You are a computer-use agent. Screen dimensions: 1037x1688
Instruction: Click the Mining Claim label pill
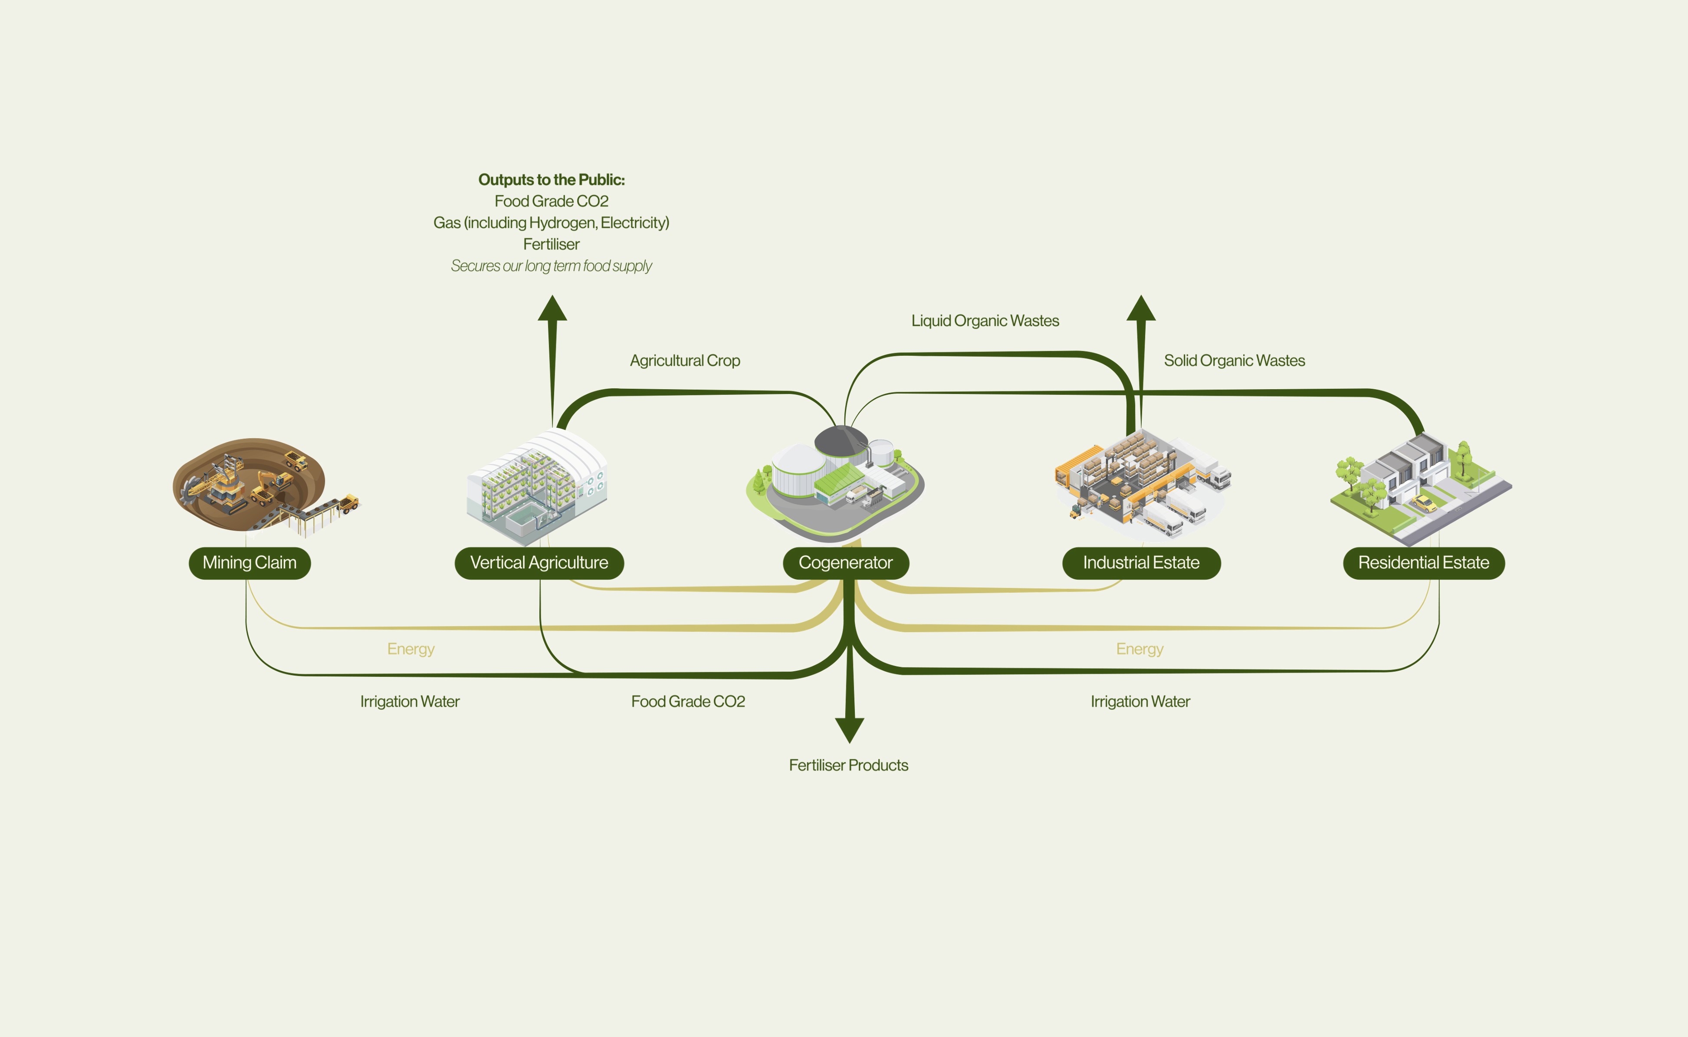click(250, 563)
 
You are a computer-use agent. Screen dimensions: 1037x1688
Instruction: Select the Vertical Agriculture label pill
click(539, 563)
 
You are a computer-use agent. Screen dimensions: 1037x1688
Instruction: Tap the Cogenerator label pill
click(846, 563)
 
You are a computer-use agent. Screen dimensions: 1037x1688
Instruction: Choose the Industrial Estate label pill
click(1141, 563)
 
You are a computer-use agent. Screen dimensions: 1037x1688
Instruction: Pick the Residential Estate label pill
click(1424, 563)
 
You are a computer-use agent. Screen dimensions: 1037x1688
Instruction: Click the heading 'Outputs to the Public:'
click(552, 180)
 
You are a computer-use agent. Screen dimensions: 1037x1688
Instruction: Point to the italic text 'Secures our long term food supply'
click(552, 266)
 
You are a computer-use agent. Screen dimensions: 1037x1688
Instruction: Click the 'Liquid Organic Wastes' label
click(985, 321)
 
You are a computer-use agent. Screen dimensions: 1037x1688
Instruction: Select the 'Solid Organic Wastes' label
click(1234, 361)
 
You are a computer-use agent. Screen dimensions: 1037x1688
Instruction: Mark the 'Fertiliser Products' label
click(848, 765)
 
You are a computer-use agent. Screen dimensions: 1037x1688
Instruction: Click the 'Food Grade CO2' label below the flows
click(688, 702)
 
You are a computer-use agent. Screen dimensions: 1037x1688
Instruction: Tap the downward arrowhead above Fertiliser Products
click(849, 730)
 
